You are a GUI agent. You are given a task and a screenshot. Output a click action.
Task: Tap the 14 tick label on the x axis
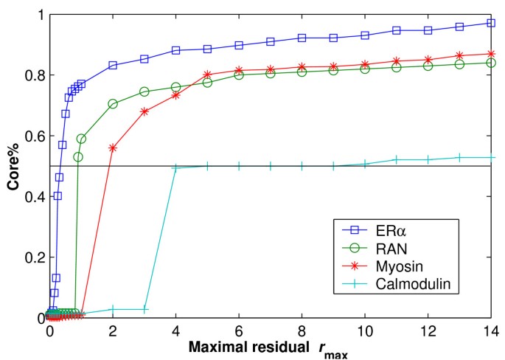(x=491, y=330)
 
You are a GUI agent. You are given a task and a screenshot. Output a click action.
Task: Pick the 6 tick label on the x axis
(x=239, y=330)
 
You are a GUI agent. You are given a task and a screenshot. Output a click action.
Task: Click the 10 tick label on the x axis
(x=365, y=330)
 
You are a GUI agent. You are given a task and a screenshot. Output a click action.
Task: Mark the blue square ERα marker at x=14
(x=491, y=23)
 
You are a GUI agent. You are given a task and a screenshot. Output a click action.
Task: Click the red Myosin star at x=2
(x=113, y=148)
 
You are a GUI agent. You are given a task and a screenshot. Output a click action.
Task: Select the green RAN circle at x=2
(x=113, y=104)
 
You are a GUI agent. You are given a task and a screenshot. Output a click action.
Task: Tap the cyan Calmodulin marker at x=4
(x=176, y=168)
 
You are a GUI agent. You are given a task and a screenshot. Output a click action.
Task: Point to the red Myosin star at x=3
(x=144, y=111)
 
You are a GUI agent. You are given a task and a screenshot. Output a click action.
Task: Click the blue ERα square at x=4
(x=176, y=50)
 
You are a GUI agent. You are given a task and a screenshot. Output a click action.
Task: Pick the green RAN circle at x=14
(x=491, y=63)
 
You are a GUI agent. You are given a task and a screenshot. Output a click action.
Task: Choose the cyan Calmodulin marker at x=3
(x=144, y=308)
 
